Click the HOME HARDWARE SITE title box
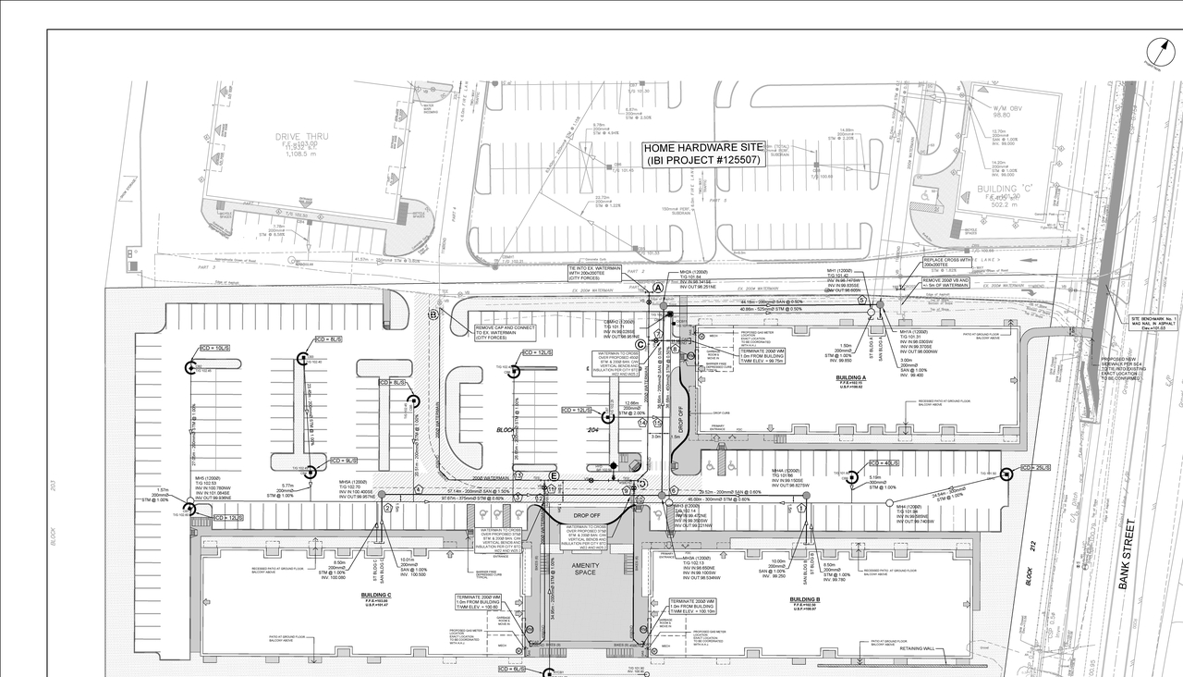tap(704, 154)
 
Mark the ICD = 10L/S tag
tap(214, 349)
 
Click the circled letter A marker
tap(659, 289)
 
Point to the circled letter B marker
tap(432, 314)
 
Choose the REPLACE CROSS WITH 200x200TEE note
tap(946, 263)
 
